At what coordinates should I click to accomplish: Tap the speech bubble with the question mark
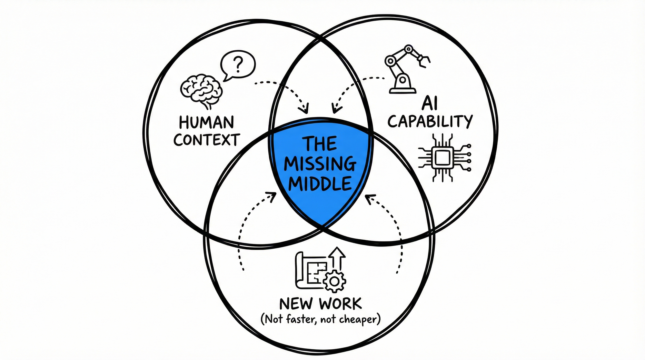coord(238,65)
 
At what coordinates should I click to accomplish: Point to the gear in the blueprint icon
coord(334,282)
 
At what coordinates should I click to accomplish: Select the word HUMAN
coord(206,123)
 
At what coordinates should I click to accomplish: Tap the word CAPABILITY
coord(430,122)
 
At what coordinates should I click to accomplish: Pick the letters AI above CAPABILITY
coord(430,104)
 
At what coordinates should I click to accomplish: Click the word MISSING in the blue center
coord(320,164)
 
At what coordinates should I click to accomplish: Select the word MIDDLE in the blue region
coord(320,184)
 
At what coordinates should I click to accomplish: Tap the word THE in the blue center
coord(320,144)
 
